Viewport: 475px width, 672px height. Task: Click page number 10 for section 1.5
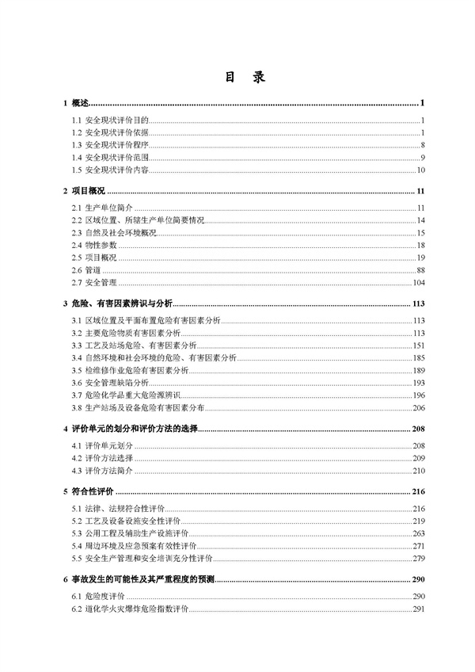click(x=422, y=170)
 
